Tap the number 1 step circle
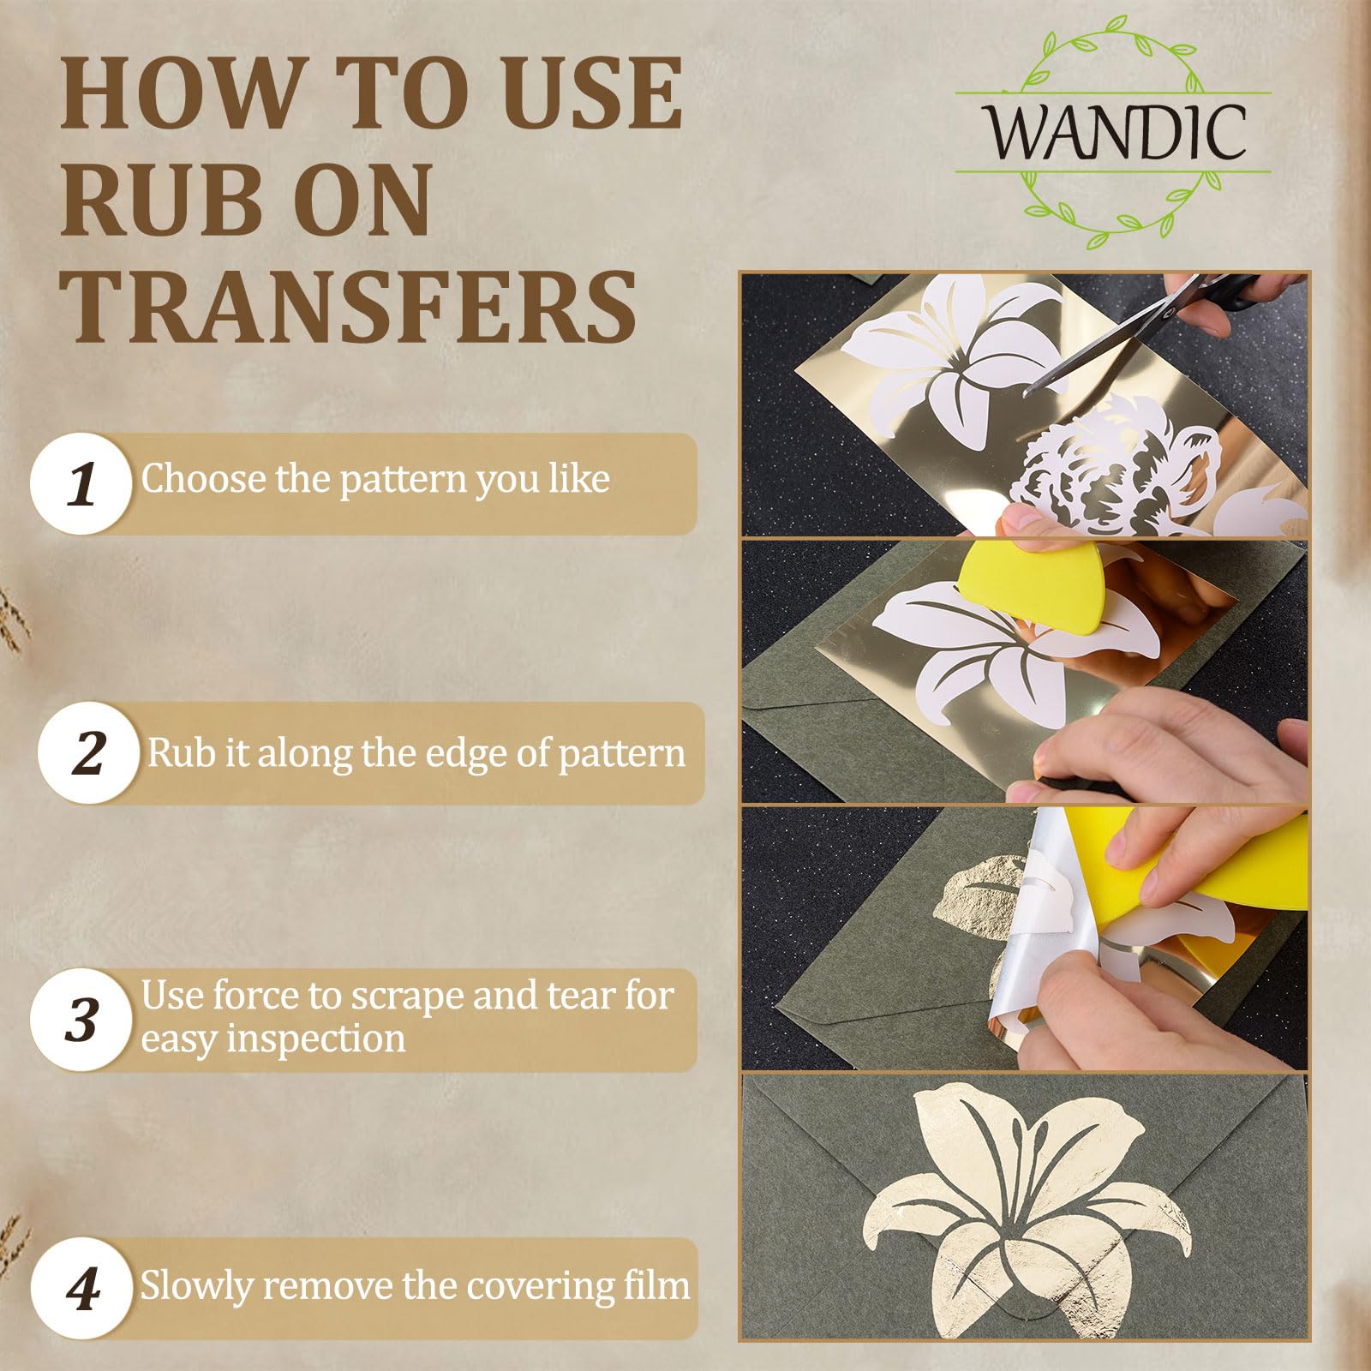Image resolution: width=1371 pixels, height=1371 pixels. click(x=81, y=484)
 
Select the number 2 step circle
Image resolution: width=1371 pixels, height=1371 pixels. click(x=89, y=753)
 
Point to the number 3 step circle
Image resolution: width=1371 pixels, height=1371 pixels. click(x=81, y=1020)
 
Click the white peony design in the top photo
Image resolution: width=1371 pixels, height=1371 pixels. click(x=1123, y=463)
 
